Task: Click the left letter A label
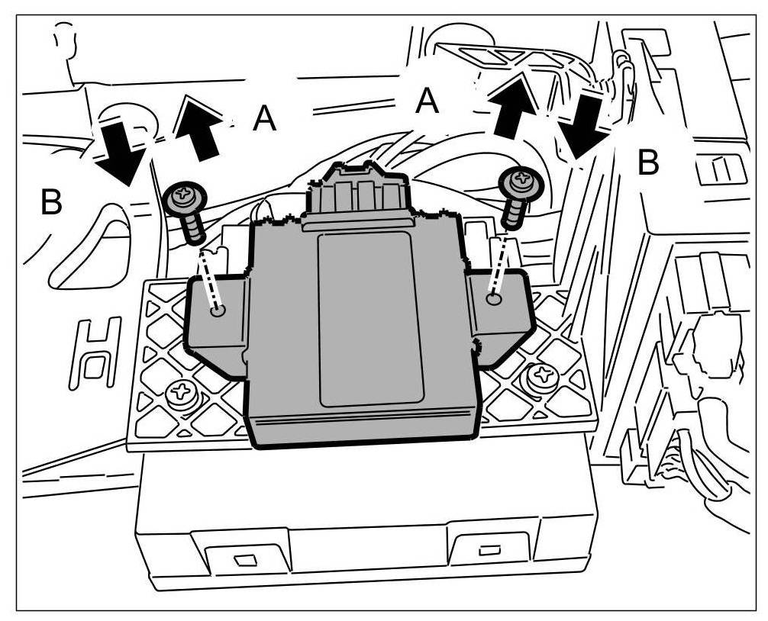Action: pos(264,119)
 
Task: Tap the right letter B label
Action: pos(648,162)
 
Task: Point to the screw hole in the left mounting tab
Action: pos(219,310)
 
